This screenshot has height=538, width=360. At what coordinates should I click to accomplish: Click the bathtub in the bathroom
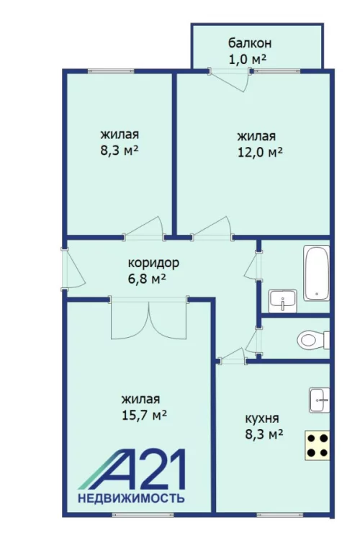point(317,273)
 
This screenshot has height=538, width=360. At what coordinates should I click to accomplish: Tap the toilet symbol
point(311,339)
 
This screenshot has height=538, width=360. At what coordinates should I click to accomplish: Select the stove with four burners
point(318,444)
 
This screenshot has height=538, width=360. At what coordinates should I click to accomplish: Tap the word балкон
point(245,42)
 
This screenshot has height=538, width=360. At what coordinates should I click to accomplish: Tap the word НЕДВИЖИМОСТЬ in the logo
point(131,498)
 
